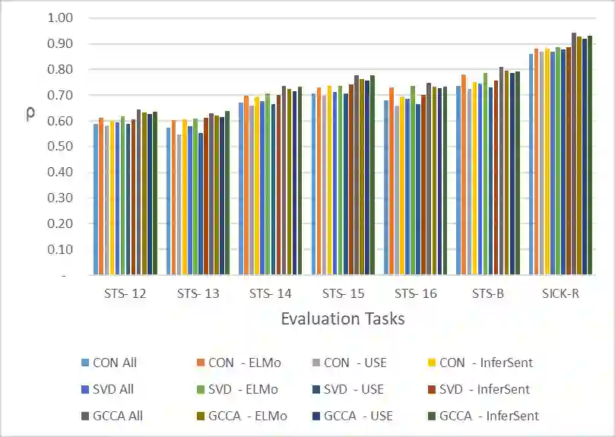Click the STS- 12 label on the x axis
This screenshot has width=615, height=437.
125,293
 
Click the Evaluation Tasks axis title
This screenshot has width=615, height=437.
343,318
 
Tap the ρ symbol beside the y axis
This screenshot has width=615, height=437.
30,116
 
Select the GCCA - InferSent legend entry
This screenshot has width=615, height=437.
489,416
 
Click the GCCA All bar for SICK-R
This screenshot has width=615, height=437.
574,152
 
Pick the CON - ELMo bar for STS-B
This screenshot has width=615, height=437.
463,175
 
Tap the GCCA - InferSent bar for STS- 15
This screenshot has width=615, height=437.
372,175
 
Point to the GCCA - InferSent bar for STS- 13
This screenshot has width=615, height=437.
227,193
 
